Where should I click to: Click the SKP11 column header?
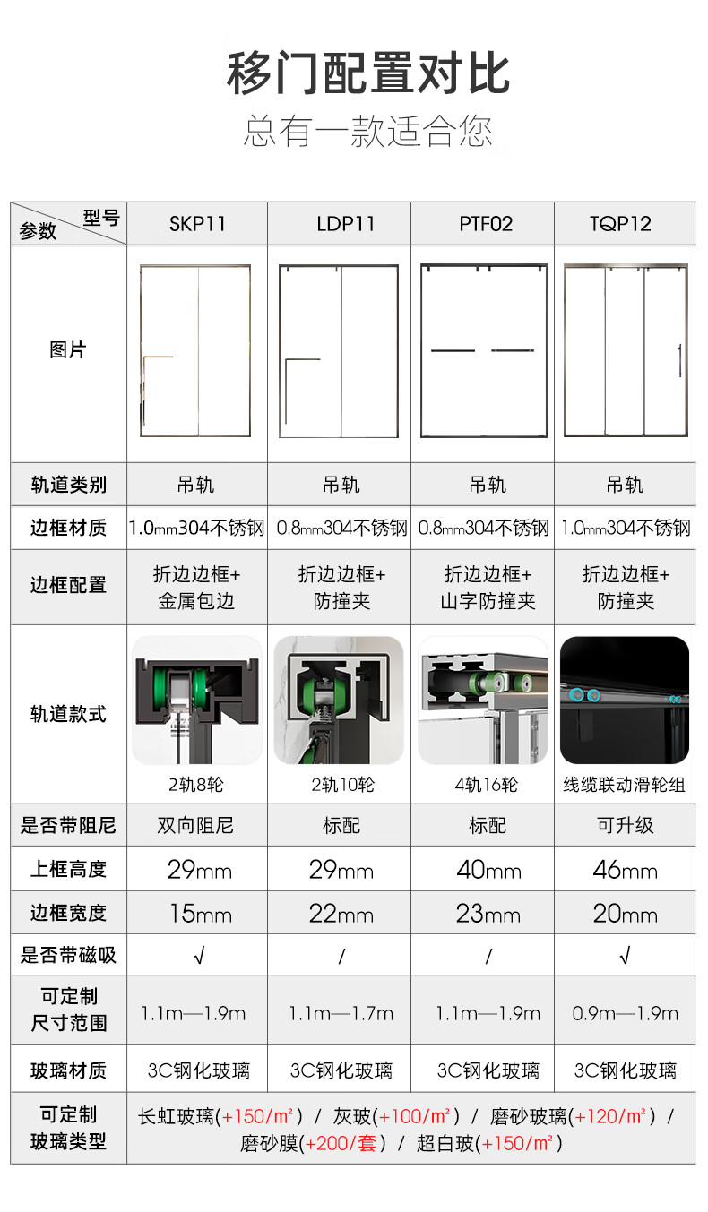tap(197, 223)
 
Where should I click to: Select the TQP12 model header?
tap(620, 223)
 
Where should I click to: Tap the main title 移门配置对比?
tap(368, 73)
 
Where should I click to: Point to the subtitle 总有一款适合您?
tap(368, 131)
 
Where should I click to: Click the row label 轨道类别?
tap(69, 485)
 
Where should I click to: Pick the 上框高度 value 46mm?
tap(625, 870)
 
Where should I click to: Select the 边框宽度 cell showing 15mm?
tap(200, 914)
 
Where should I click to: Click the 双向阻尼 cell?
tap(195, 826)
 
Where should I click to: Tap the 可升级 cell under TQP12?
tap(626, 826)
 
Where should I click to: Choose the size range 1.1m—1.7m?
tap(341, 1013)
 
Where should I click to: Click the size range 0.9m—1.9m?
tap(626, 1013)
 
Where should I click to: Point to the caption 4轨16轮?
tap(486, 785)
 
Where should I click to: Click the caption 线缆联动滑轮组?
tap(624, 785)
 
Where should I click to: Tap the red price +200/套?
tap(341, 1143)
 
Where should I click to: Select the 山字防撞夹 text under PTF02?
tap(488, 601)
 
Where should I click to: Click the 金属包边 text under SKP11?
tap(196, 601)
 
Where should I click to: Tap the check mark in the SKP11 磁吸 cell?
tap(199, 956)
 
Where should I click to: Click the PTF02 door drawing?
tap(484, 350)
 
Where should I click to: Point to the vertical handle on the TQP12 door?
tap(680, 360)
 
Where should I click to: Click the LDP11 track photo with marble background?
tap(339, 701)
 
